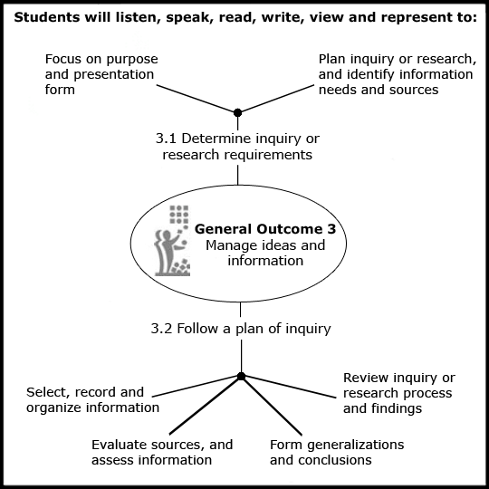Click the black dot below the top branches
237,112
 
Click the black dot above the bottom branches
241,377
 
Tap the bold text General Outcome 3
265,229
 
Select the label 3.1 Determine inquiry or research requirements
237,147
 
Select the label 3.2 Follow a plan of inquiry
241,329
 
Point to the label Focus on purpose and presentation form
101,74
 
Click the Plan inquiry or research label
398,74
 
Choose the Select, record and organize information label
92,400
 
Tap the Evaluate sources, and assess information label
162,452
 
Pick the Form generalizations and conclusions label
337,452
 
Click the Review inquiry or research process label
399,393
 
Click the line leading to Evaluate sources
206,406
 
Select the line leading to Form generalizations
272,406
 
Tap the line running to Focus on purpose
197,99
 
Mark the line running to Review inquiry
289,387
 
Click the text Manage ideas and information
265,253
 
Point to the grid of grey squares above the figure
179,215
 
